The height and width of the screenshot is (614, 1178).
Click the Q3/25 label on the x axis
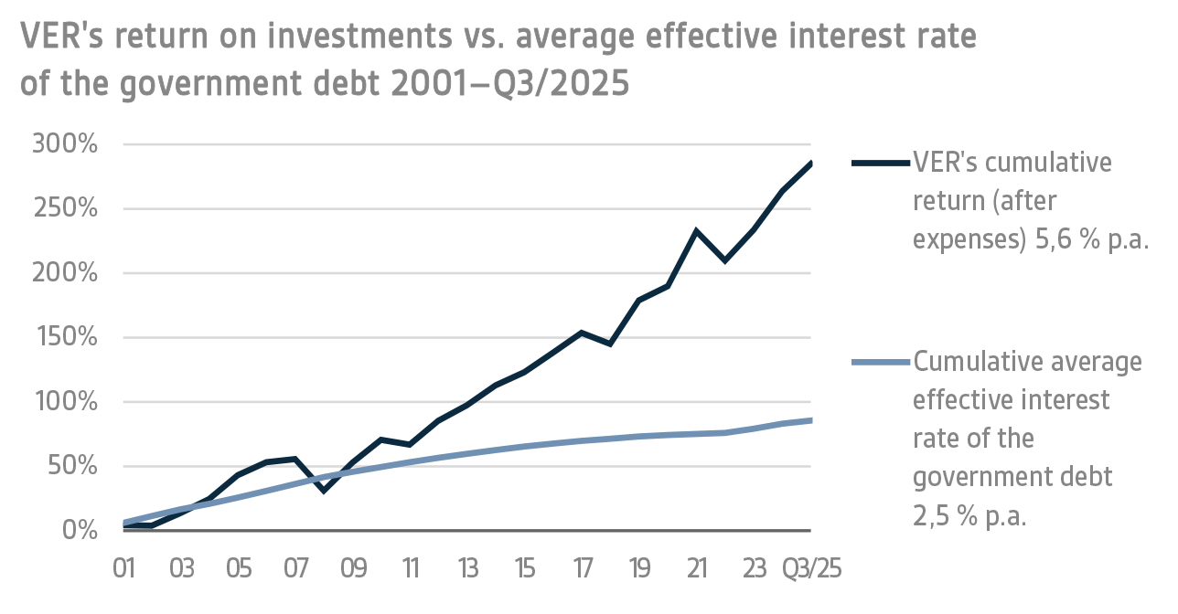(x=811, y=568)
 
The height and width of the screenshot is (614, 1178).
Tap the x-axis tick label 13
(x=467, y=568)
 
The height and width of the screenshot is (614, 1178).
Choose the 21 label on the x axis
(x=697, y=568)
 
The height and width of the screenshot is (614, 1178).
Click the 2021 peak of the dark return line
(x=697, y=231)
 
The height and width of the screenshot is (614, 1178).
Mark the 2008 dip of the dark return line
(x=324, y=491)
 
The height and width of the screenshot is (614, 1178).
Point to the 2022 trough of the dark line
(x=725, y=260)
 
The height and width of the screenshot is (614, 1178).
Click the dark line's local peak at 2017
(x=582, y=333)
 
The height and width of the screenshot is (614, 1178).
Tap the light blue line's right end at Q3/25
(x=810, y=420)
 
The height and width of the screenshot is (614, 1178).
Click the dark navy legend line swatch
(x=881, y=164)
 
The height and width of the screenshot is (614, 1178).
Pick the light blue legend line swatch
(x=881, y=363)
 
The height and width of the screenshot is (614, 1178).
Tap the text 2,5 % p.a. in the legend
(x=970, y=516)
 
